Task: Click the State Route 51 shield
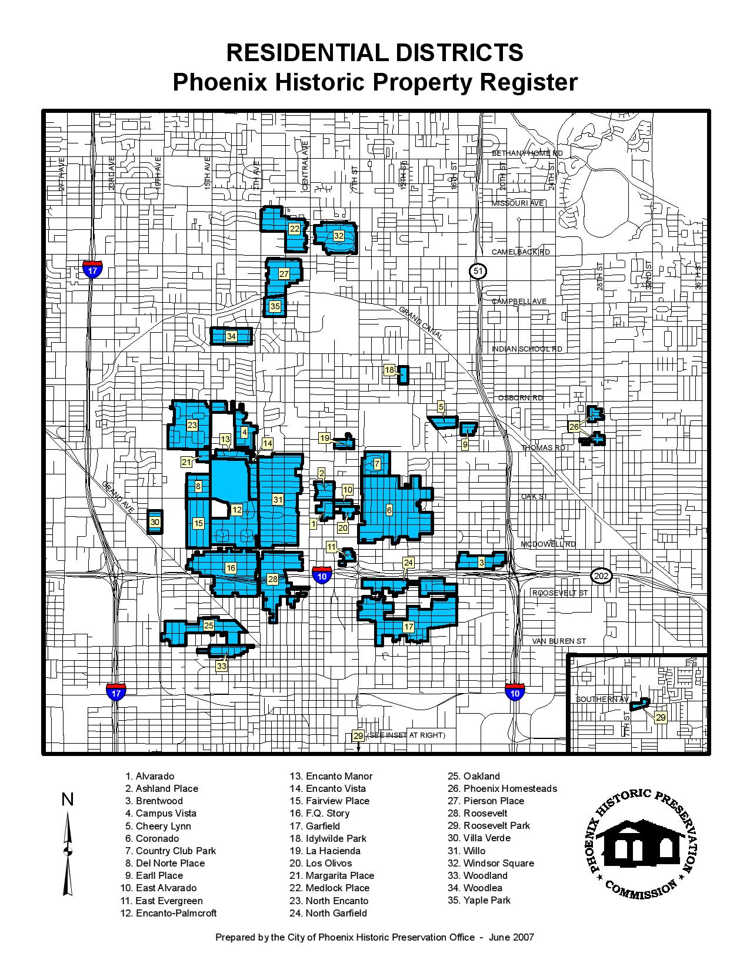478,271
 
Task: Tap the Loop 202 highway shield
601,576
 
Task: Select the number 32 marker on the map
338,236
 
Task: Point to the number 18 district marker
389,370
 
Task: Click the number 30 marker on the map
155,522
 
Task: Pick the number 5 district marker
441,407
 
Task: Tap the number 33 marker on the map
221,666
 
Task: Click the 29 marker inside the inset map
661,718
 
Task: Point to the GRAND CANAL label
421,323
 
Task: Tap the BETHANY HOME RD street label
527,153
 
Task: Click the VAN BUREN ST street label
559,641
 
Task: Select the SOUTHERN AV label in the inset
602,699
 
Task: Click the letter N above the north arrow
68,800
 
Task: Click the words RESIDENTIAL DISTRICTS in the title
375,53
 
